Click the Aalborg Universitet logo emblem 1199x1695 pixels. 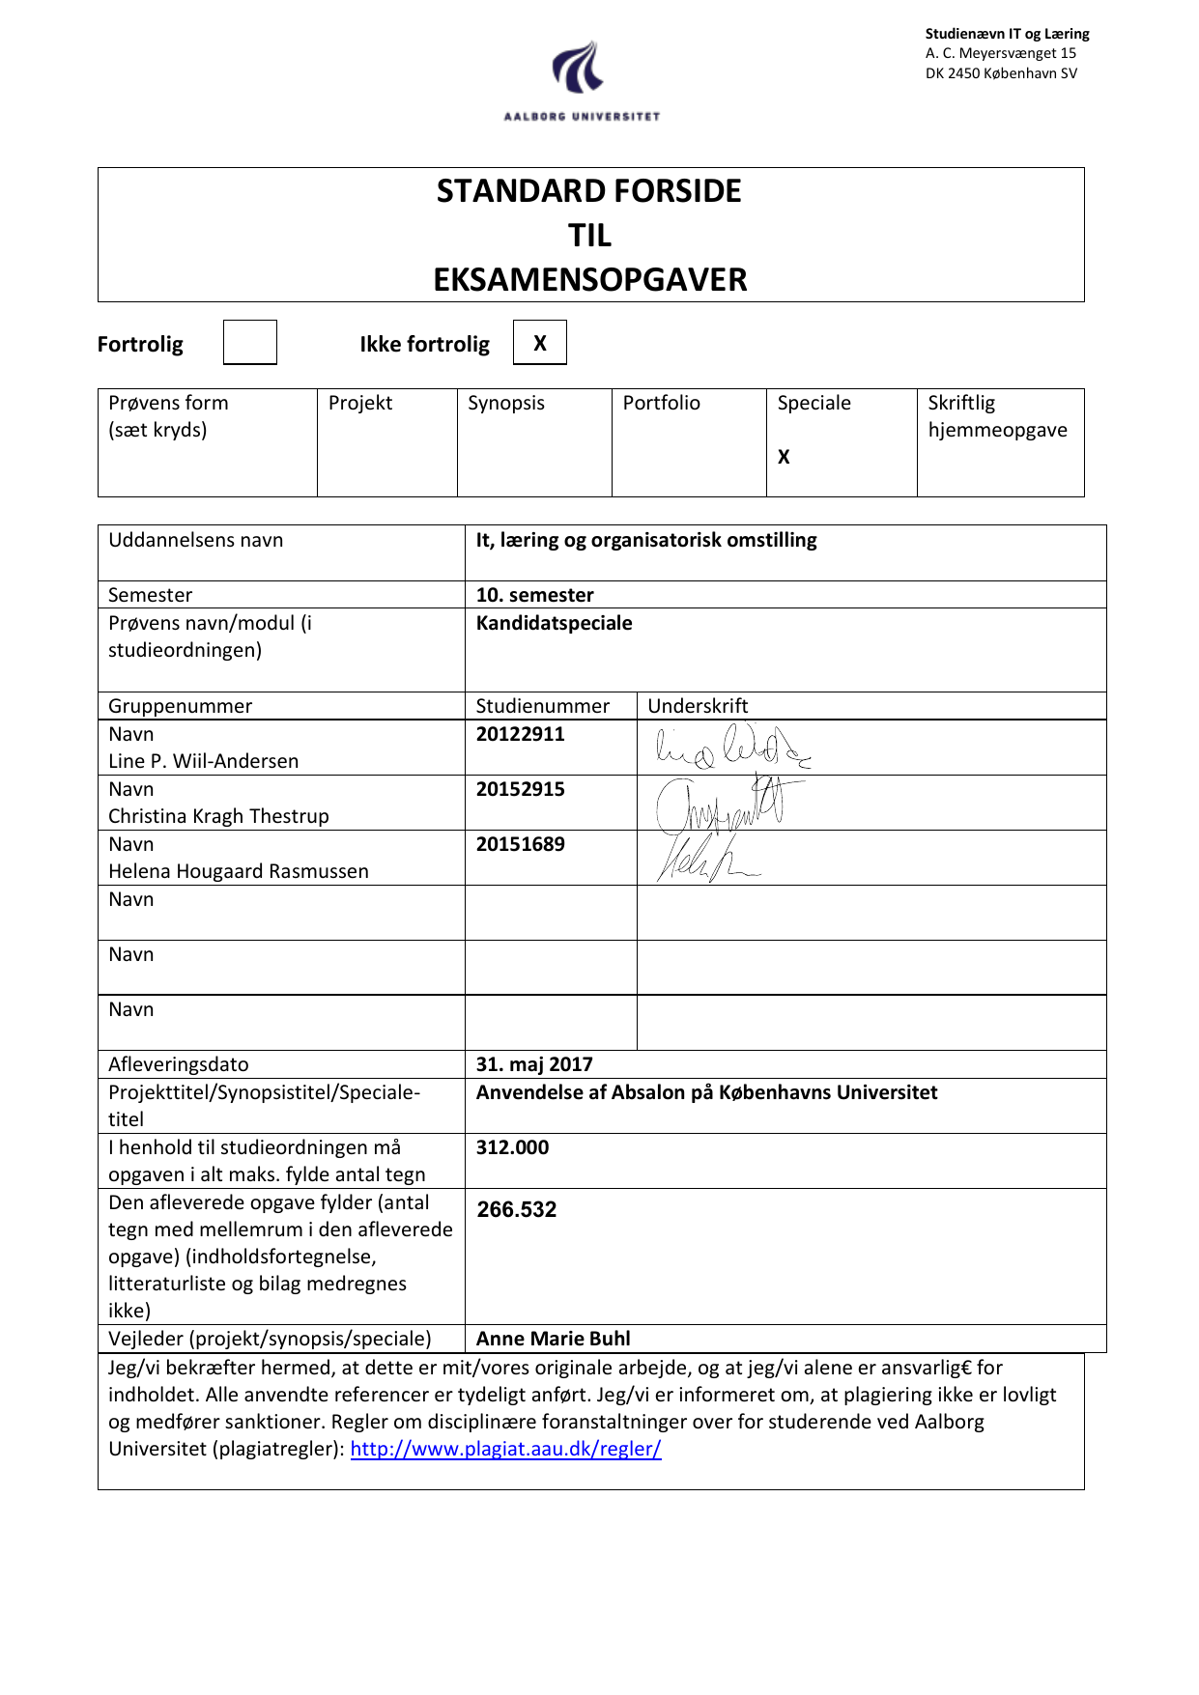579,68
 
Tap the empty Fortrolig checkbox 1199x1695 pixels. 249,343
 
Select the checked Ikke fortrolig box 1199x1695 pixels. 539,343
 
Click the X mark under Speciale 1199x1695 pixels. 784,457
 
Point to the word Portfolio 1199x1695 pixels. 661,403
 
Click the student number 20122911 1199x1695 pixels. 520,734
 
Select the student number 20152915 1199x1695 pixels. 520,789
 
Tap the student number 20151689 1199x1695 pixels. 520,844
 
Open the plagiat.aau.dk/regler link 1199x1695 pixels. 505,1449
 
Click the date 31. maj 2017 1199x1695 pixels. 534,1064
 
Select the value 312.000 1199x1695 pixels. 512,1147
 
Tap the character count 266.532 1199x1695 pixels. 517,1209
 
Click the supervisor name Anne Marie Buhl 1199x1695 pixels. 553,1339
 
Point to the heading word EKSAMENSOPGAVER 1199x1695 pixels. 589,280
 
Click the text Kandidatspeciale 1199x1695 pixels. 554,623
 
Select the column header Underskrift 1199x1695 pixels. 698,706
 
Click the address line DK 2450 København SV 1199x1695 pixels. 1001,73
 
